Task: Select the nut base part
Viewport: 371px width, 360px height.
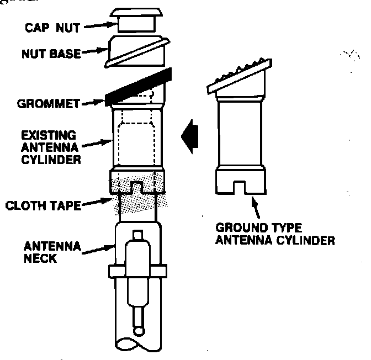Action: click(x=136, y=52)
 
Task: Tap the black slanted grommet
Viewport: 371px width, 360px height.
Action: click(x=141, y=86)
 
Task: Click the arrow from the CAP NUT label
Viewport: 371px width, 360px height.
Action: click(x=97, y=25)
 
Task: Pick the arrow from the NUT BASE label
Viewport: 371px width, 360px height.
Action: click(x=95, y=51)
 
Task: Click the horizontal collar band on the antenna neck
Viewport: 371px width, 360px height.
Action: click(x=137, y=271)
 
